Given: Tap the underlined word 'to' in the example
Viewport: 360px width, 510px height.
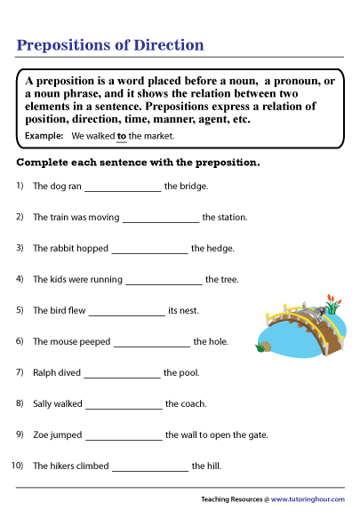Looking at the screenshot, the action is pyautogui.click(x=122, y=136).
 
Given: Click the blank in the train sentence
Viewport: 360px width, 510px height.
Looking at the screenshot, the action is pyautogui.click(x=161, y=219).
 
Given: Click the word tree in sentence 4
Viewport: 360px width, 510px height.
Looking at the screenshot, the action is pyautogui.click(x=228, y=280).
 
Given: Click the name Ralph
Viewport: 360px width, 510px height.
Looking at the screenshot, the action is pyautogui.click(x=45, y=373).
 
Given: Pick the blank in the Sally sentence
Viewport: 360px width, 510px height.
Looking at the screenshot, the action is pyautogui.click(x=124, y=404).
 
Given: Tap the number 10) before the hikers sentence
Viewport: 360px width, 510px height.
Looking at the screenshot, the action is pyautogui.click(x=17, y=466).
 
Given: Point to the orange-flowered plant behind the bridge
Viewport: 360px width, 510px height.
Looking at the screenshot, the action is pyautogui.click(x=331, y=304).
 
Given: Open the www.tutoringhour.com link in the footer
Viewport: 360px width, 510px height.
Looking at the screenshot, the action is pyautogui.click(x=307, y=499).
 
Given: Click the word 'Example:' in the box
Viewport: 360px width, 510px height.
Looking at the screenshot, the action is pyautogui.click(x=44, y=136).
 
